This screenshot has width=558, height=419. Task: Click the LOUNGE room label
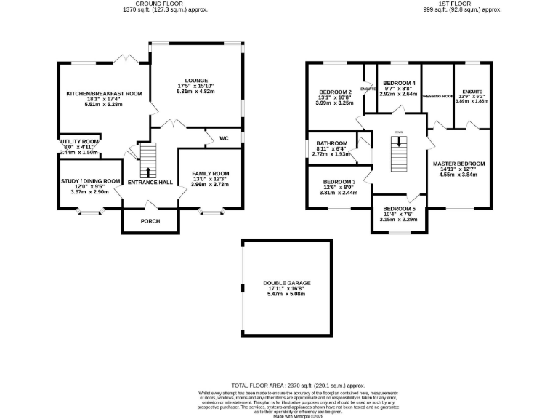click(196, 80)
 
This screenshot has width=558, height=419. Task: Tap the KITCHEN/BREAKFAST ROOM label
click(104, 94)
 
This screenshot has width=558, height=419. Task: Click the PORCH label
click(150, 221)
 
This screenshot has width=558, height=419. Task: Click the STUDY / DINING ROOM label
click(91, 180)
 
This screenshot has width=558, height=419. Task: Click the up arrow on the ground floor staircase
click(148, 172)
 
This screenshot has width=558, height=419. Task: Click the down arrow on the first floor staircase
click(398, 141)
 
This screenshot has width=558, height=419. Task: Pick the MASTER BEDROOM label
click(458, 164)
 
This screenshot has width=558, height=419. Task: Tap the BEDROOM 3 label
click(339, 181)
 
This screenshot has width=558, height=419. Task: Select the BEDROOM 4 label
click(399, 83)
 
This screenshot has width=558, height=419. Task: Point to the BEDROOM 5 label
click(399, 209)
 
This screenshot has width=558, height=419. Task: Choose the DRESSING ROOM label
click(437, 95)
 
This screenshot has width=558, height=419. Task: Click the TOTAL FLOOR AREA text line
click(297, 385)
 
